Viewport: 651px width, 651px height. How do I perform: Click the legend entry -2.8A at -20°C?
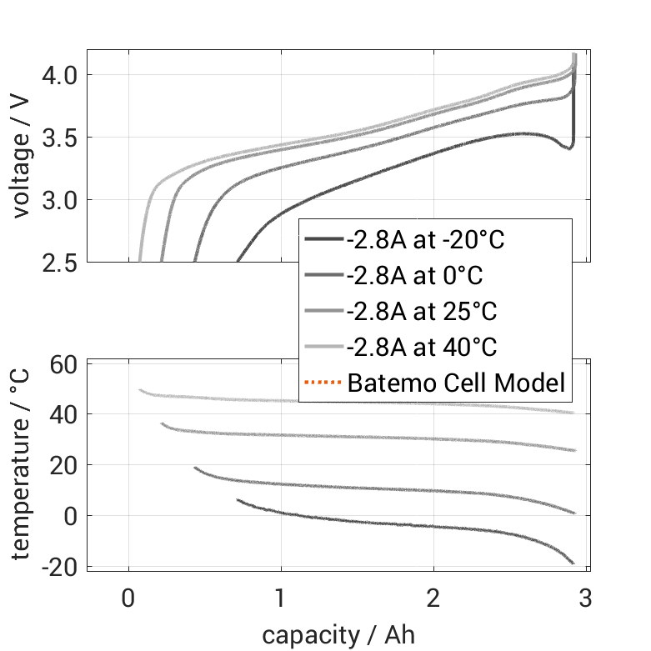tap(425, 241)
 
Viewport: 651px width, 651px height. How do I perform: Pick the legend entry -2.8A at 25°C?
tap(421, 312)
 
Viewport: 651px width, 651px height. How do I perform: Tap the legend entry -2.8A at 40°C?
tap(421, 347)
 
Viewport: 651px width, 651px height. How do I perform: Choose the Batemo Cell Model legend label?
tap(456, 383)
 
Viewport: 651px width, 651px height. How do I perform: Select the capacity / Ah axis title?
tap(338, 634)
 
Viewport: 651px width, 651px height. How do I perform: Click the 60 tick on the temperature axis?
tap(63, 364)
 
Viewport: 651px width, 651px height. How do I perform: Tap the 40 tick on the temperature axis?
tap(63, 414)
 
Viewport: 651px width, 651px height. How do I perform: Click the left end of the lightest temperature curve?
tap(141, 390)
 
